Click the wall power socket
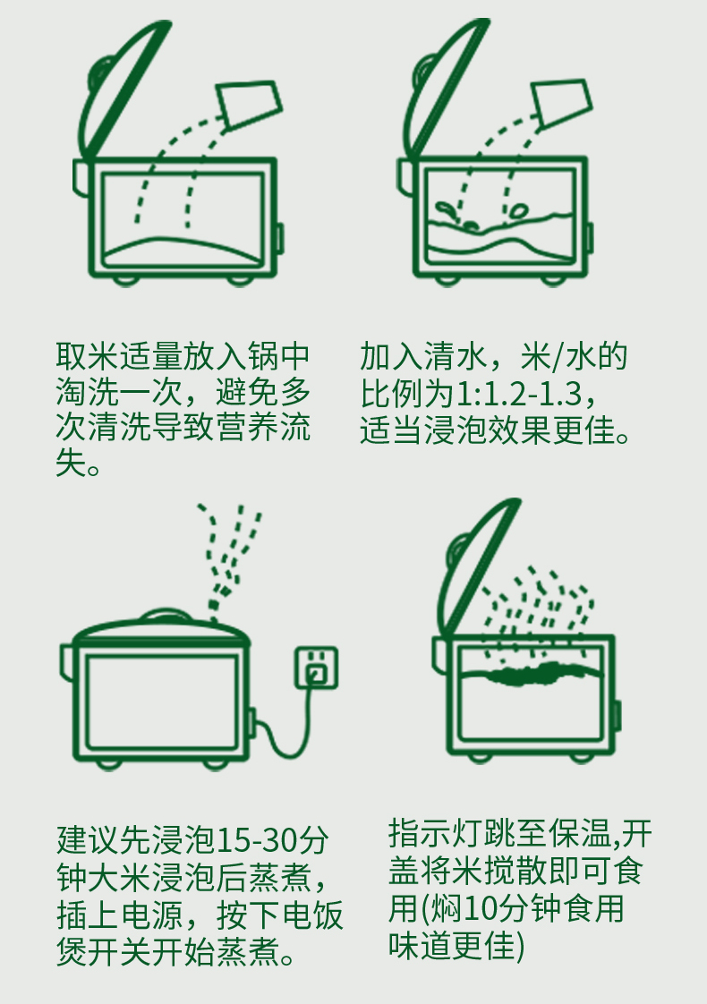point(316,668)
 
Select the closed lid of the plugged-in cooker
point(161,627)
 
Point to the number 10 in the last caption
point(479,908)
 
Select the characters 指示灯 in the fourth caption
point(436,833)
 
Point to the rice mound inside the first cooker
point(183,249)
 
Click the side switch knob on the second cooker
point(590,237)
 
